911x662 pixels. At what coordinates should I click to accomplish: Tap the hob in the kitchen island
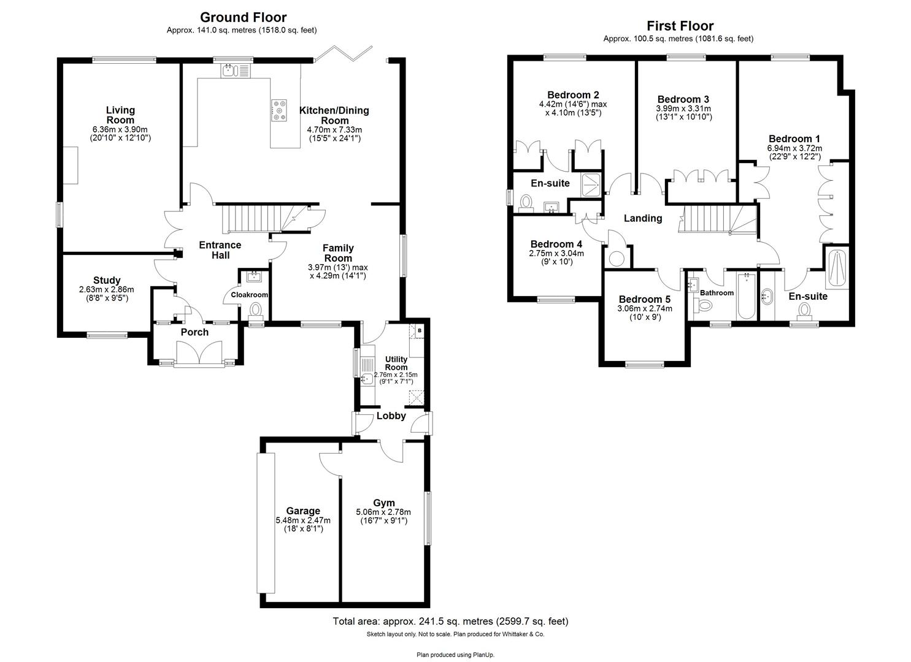[x=280, y=110]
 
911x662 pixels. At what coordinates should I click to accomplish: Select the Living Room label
[x=120, y=115]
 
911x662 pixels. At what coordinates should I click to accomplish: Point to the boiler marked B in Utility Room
[x=420, y=331]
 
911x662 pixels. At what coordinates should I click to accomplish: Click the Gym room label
[x=383, y=503]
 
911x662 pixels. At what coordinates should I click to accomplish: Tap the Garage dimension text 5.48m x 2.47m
[x=303, y=520]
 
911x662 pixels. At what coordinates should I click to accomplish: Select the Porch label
[x=194, y=332]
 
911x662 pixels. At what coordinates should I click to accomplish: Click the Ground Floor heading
[x=243, y=17]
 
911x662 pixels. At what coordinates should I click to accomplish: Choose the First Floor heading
[x=680, y=26]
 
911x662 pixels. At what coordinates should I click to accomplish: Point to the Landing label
[x=643, y=218]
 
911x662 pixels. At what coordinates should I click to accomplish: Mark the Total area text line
[x=450, y=621]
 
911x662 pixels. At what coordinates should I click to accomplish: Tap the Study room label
[x=107, y=280]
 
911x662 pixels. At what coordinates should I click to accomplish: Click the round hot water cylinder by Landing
[x=617, y=258]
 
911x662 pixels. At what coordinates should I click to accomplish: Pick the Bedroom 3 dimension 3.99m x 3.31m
[x=683, y=108]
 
